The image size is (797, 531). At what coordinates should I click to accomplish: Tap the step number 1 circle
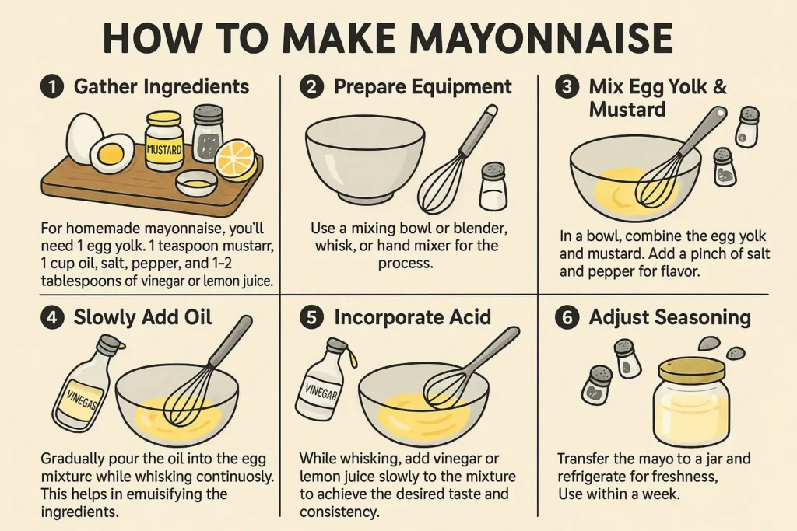pos(53,87)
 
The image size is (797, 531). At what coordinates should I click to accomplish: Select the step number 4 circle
pos(53,318)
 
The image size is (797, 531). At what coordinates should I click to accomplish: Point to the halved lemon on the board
pos(235,159)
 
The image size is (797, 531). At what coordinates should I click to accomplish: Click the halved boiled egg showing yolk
pos(111,154)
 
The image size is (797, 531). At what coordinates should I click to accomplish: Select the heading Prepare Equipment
pos(423,87)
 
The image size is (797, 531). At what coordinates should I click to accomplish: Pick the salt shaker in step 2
pos(493,187)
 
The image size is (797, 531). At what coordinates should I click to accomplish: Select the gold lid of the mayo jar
pos(691,368)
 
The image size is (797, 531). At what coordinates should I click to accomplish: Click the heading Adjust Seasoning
pos(670,318)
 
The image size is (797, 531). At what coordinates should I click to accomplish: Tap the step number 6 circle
pos(568,318)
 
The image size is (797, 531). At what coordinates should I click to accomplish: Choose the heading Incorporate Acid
pos(413,318)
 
